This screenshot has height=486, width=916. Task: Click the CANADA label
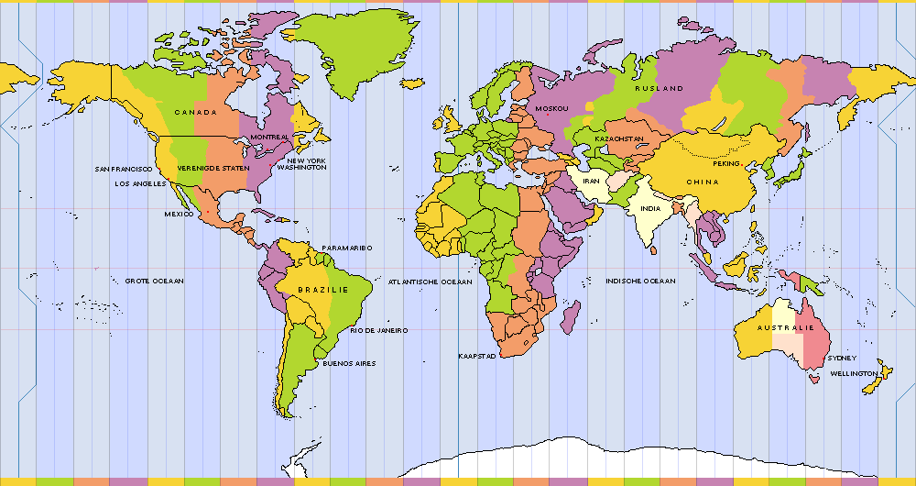pyautogui.click(x=195, y=113)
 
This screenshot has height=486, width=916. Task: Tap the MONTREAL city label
pyautogui.click(x=269, y=138)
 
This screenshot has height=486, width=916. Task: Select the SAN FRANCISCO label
pyautogui.click(x=125, y=169)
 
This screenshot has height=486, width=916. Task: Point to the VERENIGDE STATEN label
pyautogui.click(x=213, y=169)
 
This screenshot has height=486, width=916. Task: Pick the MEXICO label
pyautogui.click(x=179, y=214)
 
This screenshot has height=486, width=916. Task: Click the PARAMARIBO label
pyautogui.click(x=346, y=248)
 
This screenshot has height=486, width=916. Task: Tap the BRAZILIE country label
pyautogui.click(x=323, y=290)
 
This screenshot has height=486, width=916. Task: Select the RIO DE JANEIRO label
pyautogui.click(x=378, y=330)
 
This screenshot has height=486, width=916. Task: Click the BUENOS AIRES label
pyautogui.click(x=348, y=364)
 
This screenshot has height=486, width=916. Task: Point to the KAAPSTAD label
pyautogui.click(x=476, y=356)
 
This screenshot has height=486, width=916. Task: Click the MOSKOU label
pyautogui.click(x=551, y=109)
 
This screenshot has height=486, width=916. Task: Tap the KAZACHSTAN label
pyautogui.click(x=619, y=138)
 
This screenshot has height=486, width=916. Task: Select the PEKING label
pyautogui.click(x=726, y=163)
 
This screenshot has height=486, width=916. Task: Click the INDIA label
pyautogui.click(x=650, y=208)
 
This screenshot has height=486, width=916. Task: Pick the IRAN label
pyautogui.click(x=591, y=182)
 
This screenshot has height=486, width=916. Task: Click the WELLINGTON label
pyautogui.click(x=853, y=374)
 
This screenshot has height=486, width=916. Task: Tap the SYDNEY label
pyautogui.click(x=842, y=359)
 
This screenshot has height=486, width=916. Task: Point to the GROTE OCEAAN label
pyautogui.click(x=154, y=281)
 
